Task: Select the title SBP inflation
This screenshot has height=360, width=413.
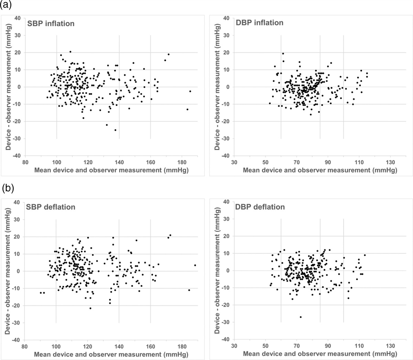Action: [51, 24]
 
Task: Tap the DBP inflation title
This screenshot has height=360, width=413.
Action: [260, 23]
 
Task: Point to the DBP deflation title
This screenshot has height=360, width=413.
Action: [261, 207]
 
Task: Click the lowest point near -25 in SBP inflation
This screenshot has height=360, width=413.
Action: [115, 130]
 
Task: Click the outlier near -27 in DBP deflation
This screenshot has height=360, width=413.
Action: [300, 317]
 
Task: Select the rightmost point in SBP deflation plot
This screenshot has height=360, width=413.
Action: [195, 265]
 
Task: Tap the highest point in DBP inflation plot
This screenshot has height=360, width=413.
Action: [283, 53]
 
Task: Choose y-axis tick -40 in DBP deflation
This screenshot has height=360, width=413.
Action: [226, 340]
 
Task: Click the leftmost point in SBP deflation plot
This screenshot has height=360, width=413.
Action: [41, 293]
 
